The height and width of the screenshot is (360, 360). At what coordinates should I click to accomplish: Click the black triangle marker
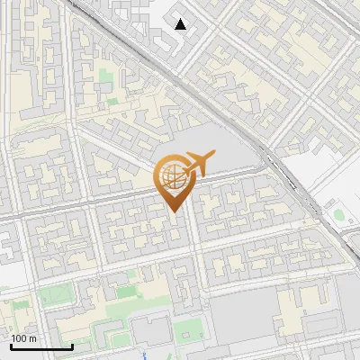(181, 24)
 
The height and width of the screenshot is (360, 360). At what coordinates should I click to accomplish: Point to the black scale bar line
(41, 346)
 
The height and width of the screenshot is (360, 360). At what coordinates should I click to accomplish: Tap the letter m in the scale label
(33, 338)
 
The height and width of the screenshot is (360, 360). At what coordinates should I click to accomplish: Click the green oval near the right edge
(339, 215)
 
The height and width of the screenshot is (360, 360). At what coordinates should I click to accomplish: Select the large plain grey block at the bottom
(243, 315)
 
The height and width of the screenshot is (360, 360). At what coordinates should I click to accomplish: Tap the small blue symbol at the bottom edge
(144, 355)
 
